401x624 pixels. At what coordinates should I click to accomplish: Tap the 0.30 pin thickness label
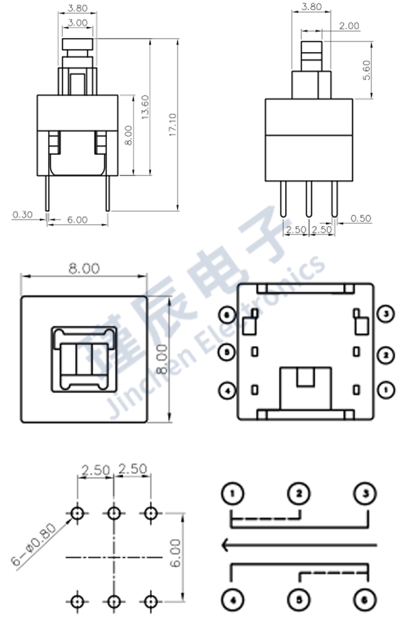coord(22,214)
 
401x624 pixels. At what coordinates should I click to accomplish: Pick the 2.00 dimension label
coord(349,26)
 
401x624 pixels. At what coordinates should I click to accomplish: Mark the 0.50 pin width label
coord(361,218)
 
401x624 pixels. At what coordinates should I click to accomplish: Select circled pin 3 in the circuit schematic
coord(366,493)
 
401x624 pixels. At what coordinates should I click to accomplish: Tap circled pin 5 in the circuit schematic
coord(299,600)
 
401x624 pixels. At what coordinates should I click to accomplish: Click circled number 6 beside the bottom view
coord(226,315)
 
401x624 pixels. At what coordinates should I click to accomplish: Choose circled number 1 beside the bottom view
coord(385,389)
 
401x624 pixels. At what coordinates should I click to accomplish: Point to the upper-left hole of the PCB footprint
coord(77,514)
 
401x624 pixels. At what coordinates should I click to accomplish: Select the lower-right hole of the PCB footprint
coord(150,602)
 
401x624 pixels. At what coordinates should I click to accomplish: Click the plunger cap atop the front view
coord(78,44)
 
